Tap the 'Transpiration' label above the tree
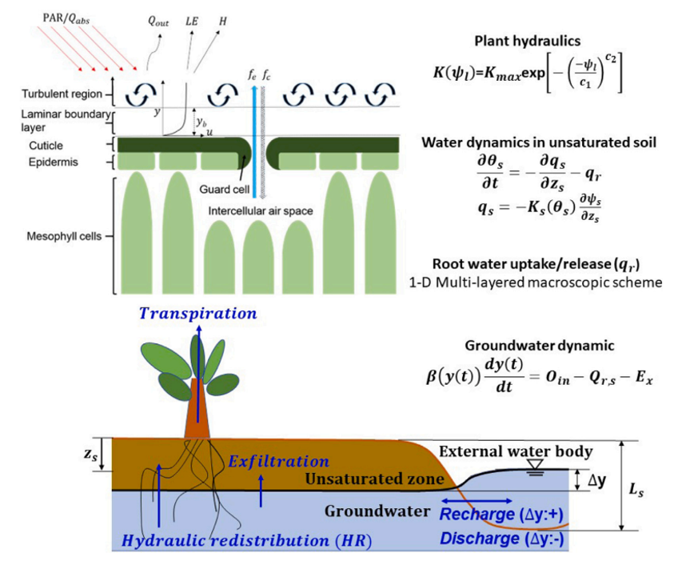(x=198, y=314)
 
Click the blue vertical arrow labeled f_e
(x=253, y=136)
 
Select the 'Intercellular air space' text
(x=259, y=211)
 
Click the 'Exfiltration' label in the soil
(x=278, y=462)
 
